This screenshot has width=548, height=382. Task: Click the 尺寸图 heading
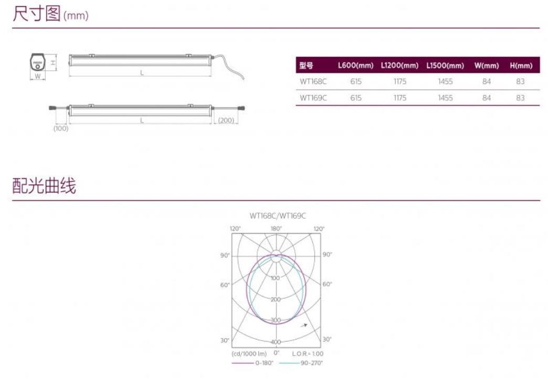(x=37, y=14)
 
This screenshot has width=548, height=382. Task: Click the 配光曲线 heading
(x=44, y=185)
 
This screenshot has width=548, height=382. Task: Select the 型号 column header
(x=306, y=66)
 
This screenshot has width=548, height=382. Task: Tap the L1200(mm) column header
(x=399, y=66)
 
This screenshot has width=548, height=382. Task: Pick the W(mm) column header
(x=487, y=66)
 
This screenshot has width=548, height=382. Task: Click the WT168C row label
(x=313, y=81)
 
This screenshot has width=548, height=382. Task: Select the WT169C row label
(x=313, y=98)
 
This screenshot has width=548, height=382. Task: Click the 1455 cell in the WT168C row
(x=445, y=81)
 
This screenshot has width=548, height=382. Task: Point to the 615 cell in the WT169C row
(x=356, y=98)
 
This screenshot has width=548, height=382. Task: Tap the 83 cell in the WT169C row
(x=520, y=98)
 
